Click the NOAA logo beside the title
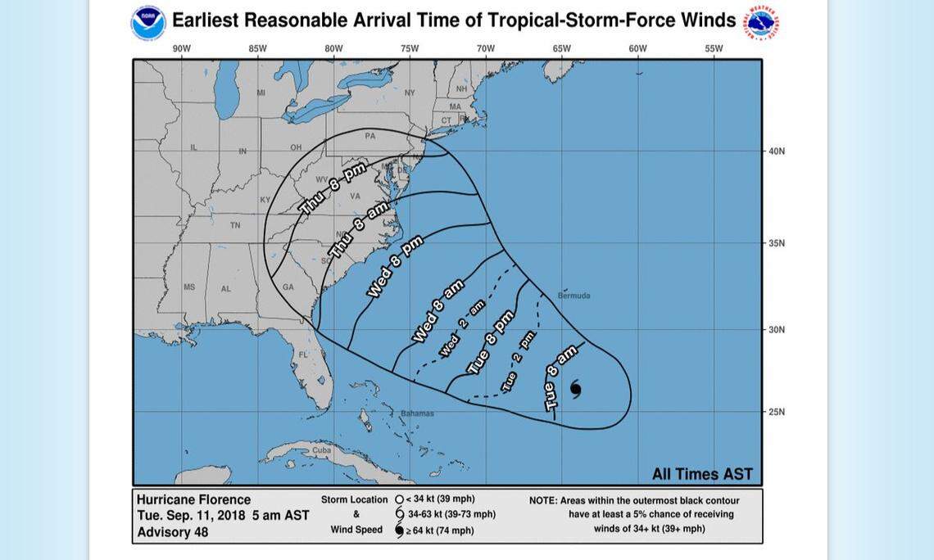click(148, 22)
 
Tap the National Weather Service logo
click(761, 22)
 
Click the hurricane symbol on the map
click(575, 388)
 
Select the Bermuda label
click(574, 296)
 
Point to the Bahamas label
click(417, 413)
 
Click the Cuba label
click(321, 449)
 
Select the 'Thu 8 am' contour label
click(359, 228)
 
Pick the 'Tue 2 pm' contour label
click(519, 360)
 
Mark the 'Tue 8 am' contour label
click(560, 377)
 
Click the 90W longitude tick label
click(181, 48)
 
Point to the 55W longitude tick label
click(714, 48)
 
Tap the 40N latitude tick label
click(777, 151)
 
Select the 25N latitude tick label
click(777, 412)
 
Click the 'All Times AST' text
click(702, 474)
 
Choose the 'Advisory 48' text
click(172, 532)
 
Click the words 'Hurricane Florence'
click(193, 499)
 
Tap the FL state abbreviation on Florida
click(303, 355)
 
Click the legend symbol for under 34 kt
click(399, 499)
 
